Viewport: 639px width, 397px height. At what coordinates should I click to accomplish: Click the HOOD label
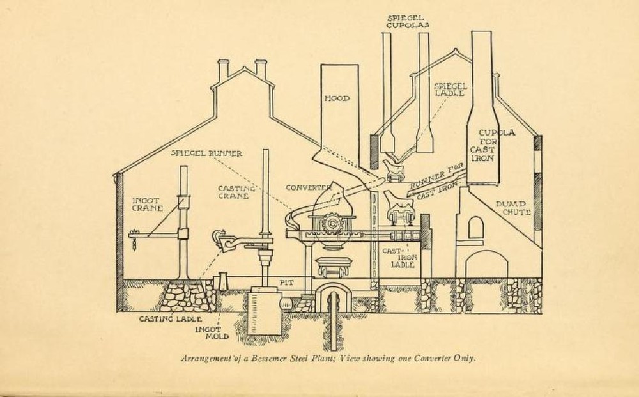coord(337,98)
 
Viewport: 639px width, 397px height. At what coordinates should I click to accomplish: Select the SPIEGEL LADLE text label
coord(450,90)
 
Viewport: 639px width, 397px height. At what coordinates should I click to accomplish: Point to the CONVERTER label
coord(308,188)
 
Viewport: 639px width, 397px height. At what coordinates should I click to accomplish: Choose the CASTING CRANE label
coord(236,192)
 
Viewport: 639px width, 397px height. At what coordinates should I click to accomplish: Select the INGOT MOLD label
coord(212,333)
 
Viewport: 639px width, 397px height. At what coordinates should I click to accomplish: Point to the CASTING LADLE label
coord(171,319)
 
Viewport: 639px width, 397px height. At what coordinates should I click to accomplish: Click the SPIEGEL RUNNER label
coord(206,153)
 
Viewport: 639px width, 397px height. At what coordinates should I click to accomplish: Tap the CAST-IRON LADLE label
coord(399,258)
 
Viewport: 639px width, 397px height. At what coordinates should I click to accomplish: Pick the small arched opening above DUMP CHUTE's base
coord(475,228)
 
